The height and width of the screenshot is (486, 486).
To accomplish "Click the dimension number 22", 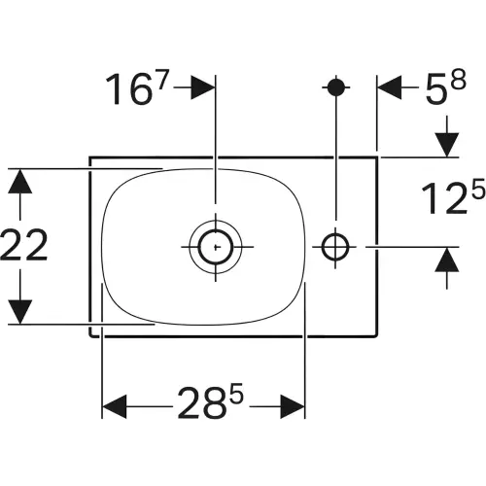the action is tap(24, 244).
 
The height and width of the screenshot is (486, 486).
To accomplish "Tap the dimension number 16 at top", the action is tap(129, 89).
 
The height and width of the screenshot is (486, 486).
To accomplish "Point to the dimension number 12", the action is tap(445, 198).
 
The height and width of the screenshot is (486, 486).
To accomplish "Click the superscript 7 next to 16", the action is tap(162, 81).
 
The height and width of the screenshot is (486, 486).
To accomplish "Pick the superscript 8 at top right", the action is tap(459, 80).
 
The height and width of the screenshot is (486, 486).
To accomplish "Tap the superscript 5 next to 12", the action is tap(478, 189).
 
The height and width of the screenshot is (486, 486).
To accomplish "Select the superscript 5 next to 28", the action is tap(236, 393).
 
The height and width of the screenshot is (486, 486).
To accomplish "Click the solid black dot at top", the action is tap(336, 87).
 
